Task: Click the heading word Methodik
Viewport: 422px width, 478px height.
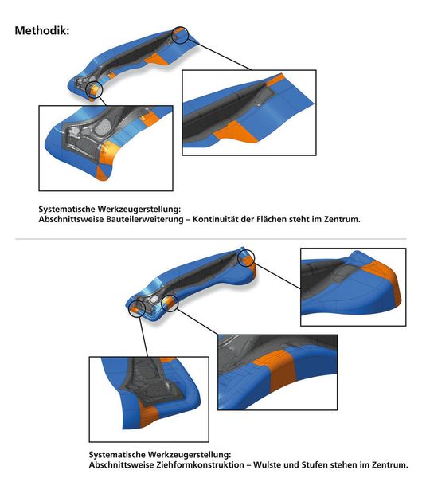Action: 41,30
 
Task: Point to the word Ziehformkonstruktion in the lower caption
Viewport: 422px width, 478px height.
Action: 200,465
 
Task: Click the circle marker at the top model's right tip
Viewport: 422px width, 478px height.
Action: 180,35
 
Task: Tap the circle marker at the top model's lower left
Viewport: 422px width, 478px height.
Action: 95,89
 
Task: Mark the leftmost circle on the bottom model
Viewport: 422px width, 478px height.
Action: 137,308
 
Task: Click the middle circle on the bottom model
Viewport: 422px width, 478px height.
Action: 169,303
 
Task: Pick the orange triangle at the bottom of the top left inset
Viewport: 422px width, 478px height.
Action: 103,173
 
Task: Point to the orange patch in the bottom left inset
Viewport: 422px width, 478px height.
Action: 147,413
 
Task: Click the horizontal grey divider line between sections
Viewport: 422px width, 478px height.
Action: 211,239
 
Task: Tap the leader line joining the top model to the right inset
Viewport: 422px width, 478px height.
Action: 220,55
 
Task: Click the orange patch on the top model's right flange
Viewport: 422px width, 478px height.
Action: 157,59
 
